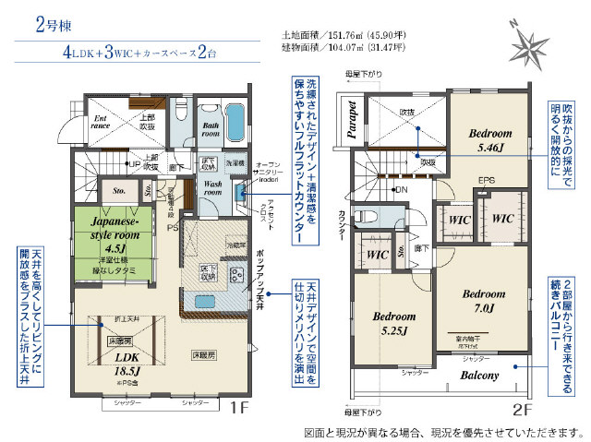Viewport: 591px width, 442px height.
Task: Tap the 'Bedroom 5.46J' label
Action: [488, 138]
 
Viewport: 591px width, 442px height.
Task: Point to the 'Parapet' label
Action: [352, 120]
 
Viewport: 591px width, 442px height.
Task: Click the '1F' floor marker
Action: [238, 408]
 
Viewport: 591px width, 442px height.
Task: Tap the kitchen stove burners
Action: [235, 274]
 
